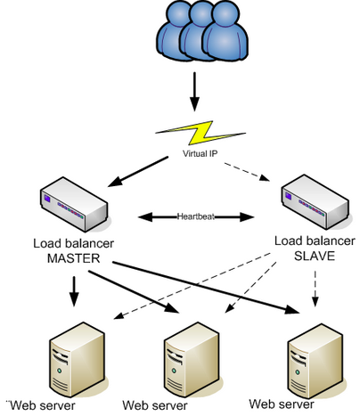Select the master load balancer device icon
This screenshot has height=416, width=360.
[74, 203]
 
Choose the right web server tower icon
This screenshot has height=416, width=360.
[307, 355]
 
